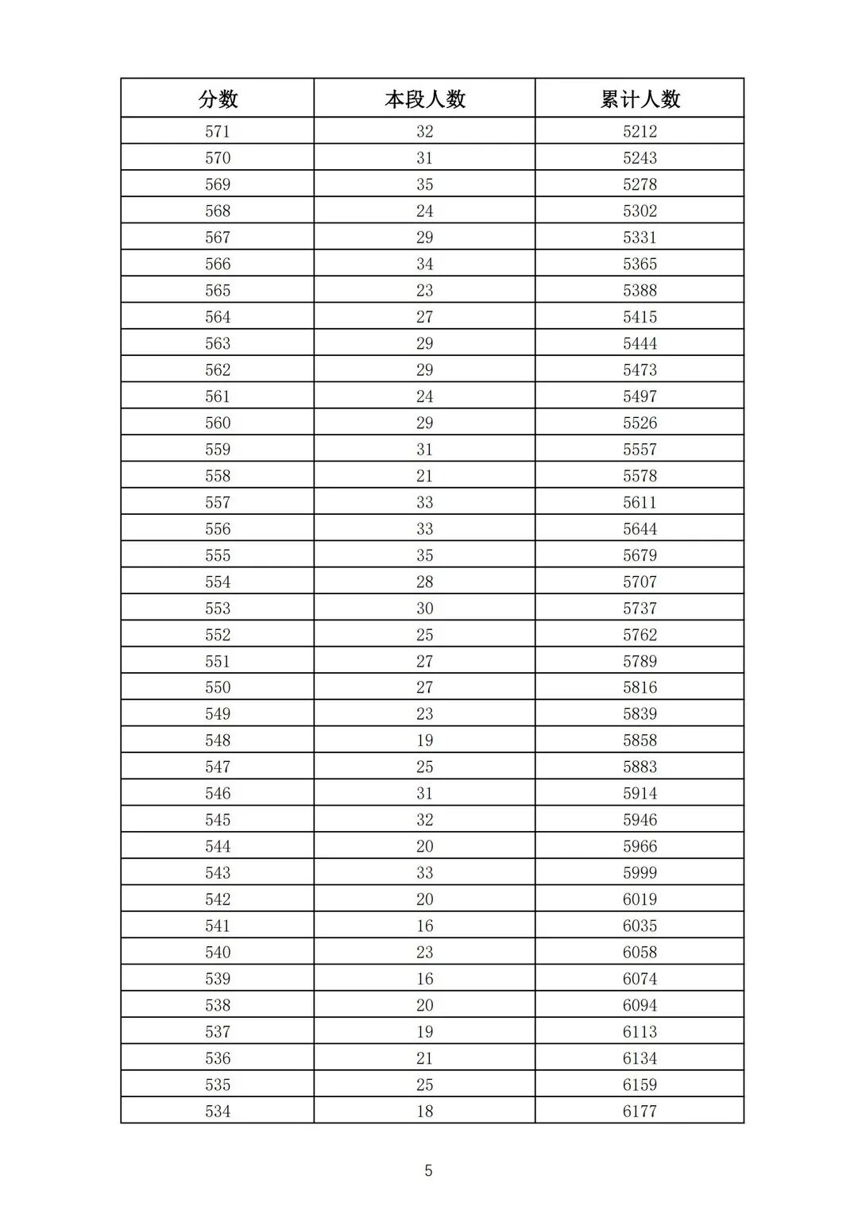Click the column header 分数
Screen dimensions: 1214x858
(218, 99)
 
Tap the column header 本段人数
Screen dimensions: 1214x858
(425, 99)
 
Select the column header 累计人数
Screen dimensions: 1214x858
(640, 99)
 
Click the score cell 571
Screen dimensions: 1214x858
(218, 131)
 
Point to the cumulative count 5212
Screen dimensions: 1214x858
(640, 131)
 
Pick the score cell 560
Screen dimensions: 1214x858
(218, 423)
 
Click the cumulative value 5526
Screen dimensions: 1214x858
(640, 423)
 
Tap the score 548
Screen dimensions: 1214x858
(218, 740)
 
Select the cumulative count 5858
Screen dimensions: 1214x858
(640, 740)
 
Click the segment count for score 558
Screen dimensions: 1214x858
(425, 476)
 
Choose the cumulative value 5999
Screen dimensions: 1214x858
(640, 872)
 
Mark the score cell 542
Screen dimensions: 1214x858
(218, 899)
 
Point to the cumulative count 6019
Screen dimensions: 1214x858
(640, 899)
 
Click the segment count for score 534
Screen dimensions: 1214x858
(425, 1111)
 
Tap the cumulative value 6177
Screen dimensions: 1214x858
(640, 1111)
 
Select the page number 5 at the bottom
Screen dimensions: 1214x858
(429, 1170)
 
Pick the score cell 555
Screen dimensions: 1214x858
(218, 555)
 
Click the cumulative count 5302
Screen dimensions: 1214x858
(640, 211)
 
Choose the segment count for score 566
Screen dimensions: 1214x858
(425, 264)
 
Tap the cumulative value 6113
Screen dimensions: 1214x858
(640, 1031)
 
